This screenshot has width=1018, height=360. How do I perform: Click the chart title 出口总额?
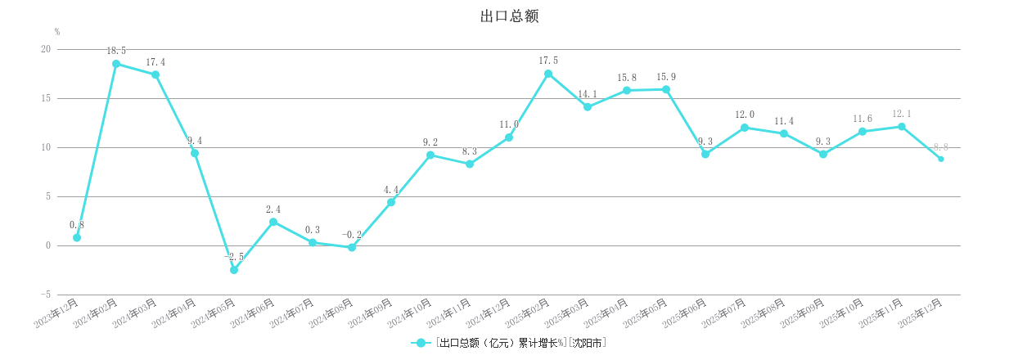(x=509, y=16)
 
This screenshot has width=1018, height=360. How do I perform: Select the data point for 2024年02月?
(x=116, y=64)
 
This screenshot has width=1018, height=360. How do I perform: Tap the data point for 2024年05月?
(x=234, y=270)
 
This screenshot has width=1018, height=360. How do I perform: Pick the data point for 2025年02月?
(x=548, y=74)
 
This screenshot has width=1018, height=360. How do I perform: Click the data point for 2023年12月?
(x=77, y=237)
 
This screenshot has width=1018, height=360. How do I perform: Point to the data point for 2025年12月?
(x=941, y=159)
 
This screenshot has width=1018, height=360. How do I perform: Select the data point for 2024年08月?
(x=352, y=247)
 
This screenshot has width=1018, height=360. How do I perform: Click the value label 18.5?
(x=116, y=51)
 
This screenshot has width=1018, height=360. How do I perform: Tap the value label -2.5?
(x=234, y=257)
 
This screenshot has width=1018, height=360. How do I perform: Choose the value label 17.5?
(x=548, y=61)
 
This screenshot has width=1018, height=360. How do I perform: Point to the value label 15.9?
(x=666, y=77)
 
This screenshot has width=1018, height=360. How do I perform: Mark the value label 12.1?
(x=902, y=114)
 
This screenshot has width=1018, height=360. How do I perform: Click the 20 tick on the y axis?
(x=45, y=49)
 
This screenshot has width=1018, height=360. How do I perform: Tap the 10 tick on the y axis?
(x=45, y=147)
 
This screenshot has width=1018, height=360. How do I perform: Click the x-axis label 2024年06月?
(x=254, y=313)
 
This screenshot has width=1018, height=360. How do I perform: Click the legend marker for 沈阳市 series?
(x=421, y=344)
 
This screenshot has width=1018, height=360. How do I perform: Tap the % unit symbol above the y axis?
(x=57, y=32)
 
